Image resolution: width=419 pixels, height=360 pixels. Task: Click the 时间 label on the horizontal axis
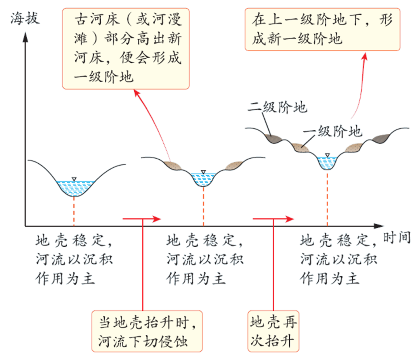396,237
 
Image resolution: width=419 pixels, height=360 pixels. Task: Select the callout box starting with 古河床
126,48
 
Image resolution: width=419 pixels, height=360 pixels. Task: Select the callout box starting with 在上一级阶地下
322,29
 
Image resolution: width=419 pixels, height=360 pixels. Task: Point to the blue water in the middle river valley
203,179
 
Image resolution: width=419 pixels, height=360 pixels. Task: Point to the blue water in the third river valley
327,162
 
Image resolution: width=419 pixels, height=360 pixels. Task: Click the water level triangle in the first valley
73,178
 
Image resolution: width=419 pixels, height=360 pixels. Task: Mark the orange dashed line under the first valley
74,211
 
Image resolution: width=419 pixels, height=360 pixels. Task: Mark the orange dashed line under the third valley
328,200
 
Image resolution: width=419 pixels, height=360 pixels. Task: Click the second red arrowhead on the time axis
289,219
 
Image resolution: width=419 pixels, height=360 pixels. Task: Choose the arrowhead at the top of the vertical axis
25,37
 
